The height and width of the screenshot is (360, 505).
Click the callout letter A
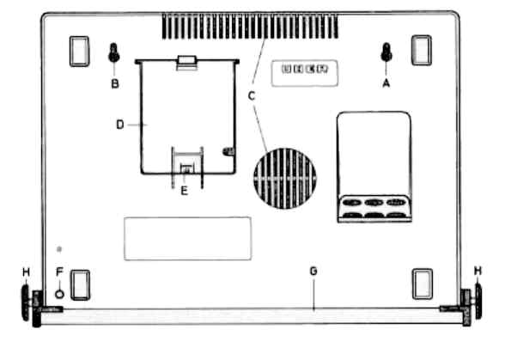pyautogui.click(x=386, y=83)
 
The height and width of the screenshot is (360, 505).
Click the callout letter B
pyautogui.click(x=115, y=84)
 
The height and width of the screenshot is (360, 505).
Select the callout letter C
pyautogui.click(x=252, y=95)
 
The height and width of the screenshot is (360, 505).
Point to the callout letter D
pyautogui.click(x=120, y=125)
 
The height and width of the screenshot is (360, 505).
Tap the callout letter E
pyautogui.click(x=184, y=191)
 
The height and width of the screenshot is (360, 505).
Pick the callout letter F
pyautogui.click(x=59, y=272)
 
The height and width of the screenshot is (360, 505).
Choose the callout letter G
pyautogui.click(x=313, y=272)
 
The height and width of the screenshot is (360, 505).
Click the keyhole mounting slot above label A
pyautogui.click(x=386, y=52)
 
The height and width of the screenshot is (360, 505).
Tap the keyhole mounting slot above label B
pyautogui.click(x=114, y=52)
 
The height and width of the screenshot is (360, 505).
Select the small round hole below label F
pyautogui.click(x=60, y=294)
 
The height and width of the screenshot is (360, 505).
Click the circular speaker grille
pyautogui.click(x=285, y=178)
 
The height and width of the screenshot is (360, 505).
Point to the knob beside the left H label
pyautogui.click(x=26, y=303)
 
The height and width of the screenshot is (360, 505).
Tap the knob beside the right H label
pyautogui.click(x=478, y=301)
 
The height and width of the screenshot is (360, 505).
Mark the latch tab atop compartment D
pyautogui.click(x=187, y=62)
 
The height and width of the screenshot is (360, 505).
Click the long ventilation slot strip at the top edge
pyautogui.click(x=250, y=26)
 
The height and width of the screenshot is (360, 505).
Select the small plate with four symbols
pyautogui.click(x=305, y=73)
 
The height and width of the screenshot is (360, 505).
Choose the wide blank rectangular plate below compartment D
pyautogui.click(x=187, y=239)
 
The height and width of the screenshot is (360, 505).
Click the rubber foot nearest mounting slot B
pyautogui.click(x=79, y=52)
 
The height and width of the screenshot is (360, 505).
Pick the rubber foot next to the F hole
pyautogui.click(x=80, y=285)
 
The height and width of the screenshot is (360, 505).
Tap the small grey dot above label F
pyautogui.click(x=59, y=249)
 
